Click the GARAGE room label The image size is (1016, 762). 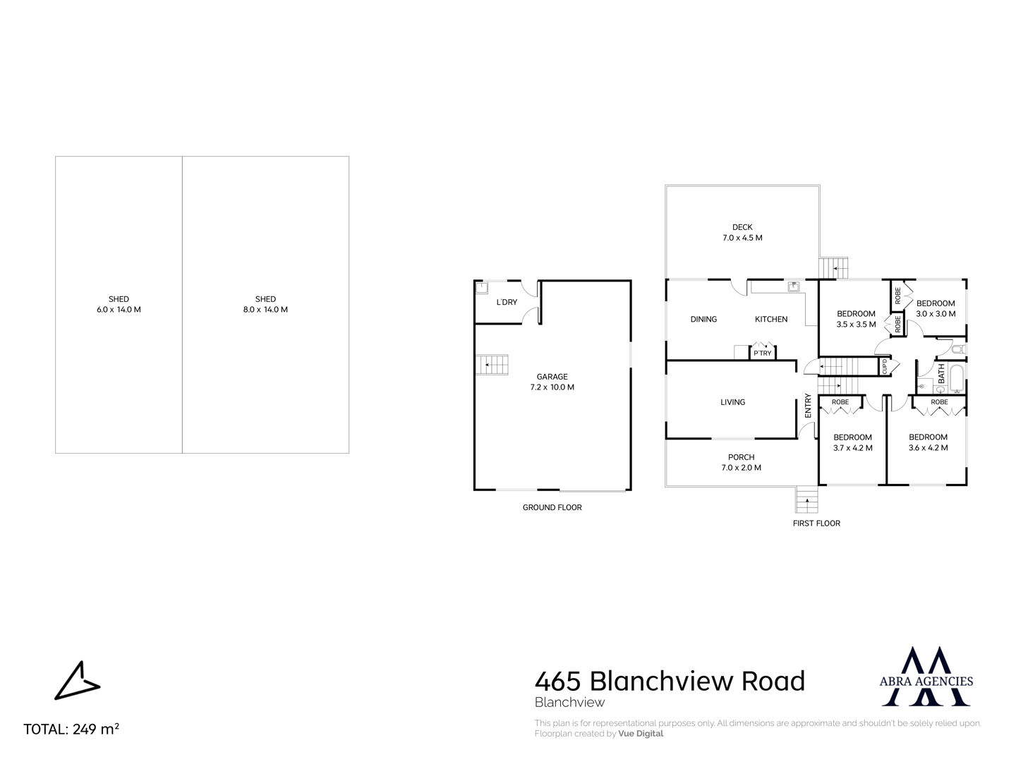point(552,377)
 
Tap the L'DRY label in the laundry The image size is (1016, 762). point(507,302)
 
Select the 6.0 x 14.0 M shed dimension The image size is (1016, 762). point(119,310)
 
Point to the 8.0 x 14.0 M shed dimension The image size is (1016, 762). point(265,310)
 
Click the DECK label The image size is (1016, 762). point(742,227)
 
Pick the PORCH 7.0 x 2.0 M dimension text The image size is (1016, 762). point(741,467)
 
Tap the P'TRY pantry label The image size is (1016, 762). point(762,353)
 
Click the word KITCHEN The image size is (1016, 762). point(771,319)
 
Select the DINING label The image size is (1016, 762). point(703,319)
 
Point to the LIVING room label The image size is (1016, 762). point(733,402)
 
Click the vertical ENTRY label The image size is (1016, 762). point(808,405)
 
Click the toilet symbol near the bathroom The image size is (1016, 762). point(957,349)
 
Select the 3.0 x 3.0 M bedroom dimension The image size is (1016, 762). point(936,314)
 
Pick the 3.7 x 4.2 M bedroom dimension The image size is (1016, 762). point(852,448)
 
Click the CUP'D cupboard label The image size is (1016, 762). point(885,367)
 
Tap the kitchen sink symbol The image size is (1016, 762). point(794,287)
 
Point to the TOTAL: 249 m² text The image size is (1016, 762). point(71,729)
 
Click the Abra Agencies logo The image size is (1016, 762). point(926,677)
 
